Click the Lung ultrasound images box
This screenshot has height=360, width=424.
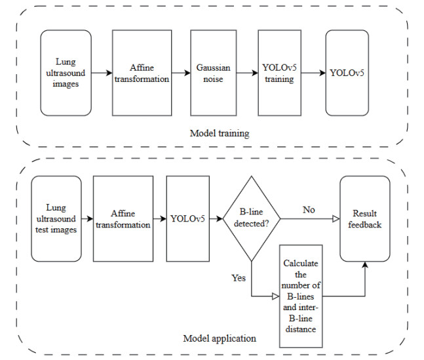click(66, 73)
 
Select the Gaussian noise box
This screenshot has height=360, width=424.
click(213, 73)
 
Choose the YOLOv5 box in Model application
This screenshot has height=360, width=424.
click(187, 218)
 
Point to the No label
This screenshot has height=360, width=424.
click(309, 209)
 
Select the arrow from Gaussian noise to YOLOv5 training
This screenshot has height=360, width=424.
click(246, 73)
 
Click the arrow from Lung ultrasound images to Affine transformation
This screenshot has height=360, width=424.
click(102, 73)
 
